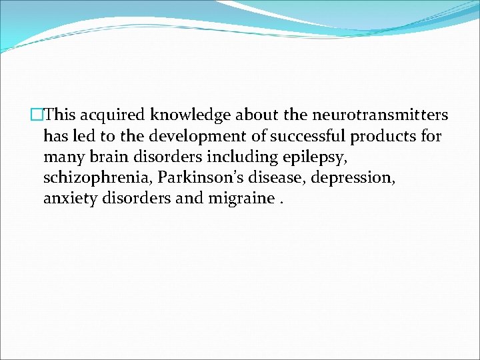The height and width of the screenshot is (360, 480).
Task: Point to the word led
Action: pos(81,137)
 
